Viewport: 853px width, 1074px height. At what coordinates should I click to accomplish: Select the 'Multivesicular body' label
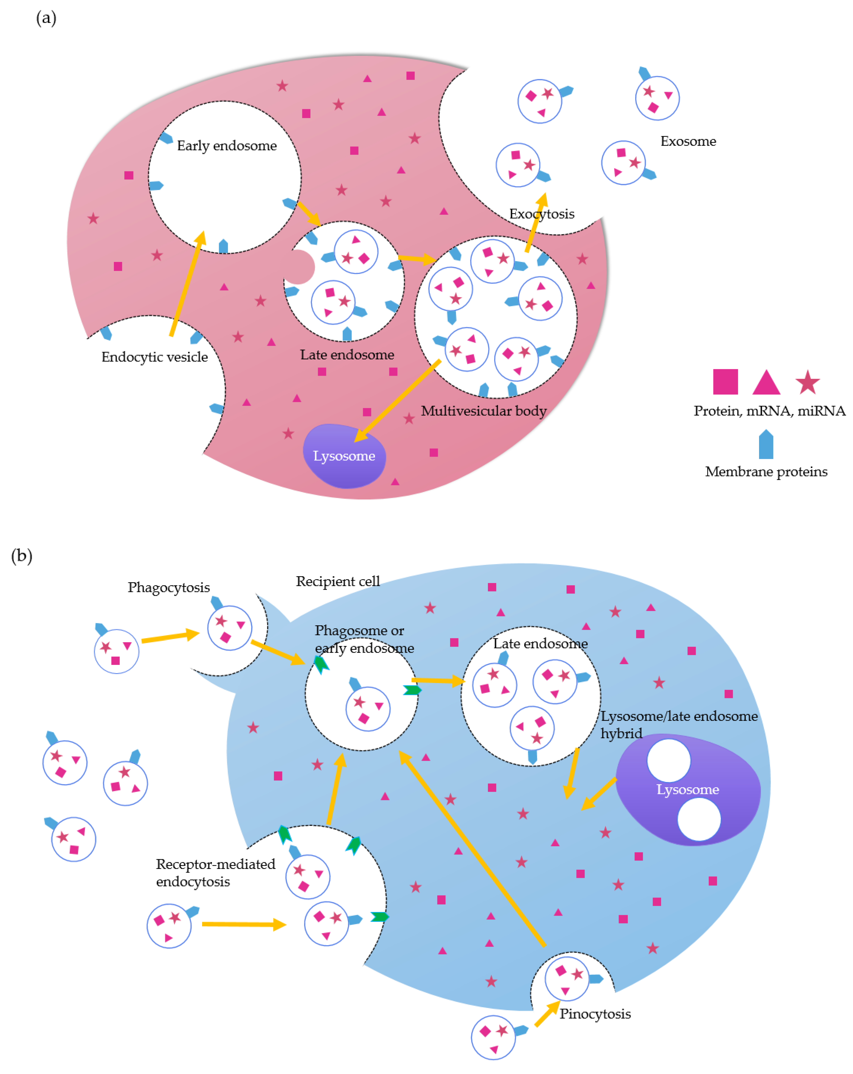pos(484,411)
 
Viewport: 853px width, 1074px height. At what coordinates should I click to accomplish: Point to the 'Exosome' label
pos(688,142)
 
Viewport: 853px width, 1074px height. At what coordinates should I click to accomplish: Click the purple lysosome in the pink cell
pos(344,456)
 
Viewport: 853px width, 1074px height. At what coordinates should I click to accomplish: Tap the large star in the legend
pos(807,383)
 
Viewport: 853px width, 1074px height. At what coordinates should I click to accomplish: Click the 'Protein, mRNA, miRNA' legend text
pos(769,411)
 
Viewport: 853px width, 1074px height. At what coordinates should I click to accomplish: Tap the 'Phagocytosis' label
pos(169,587)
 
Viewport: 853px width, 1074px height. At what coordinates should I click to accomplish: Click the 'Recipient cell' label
pos(338,581)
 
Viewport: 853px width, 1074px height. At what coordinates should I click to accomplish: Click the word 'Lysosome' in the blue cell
pos(688,790)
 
